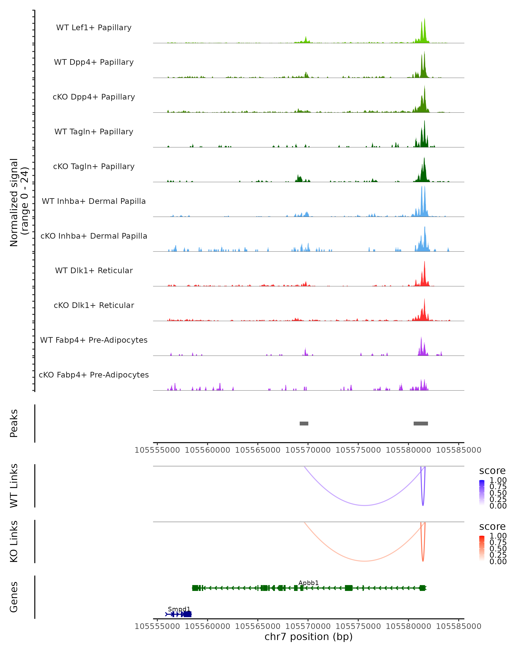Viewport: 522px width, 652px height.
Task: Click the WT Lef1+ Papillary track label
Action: [94, 28]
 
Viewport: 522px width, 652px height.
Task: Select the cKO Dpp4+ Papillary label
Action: [94, 97]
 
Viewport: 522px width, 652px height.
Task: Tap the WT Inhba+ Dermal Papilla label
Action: [94, 201]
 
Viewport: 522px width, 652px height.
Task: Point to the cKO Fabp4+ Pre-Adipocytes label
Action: [94, 375]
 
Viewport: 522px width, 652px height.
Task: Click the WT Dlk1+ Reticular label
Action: [94, 271]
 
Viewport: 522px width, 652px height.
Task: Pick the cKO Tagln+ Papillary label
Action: [94, 167]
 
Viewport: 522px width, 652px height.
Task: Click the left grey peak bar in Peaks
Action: [304, 423]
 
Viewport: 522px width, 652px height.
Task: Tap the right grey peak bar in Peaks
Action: [421, 423]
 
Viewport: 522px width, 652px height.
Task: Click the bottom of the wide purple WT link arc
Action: [365, 505]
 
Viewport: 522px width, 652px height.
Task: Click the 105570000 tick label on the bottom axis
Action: [308, 626]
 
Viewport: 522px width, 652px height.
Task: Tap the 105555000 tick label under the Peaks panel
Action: [157, 450]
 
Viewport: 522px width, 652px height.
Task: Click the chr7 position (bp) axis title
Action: [308, 637]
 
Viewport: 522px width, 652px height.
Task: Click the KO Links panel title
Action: [14, 541]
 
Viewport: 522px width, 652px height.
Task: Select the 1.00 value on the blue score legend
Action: [498, 480]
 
